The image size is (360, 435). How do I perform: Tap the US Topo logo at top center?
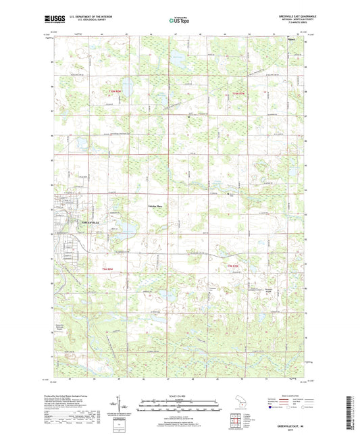[179, 21]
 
